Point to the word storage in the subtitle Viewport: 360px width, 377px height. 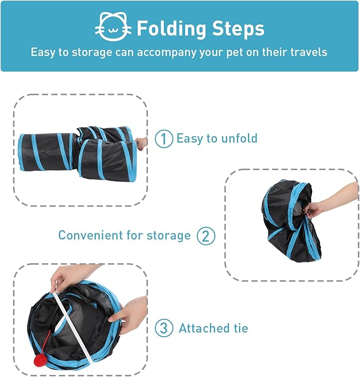pos(89,52)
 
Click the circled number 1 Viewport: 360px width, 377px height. pos(164,139)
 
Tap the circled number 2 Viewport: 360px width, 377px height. pos(206,236)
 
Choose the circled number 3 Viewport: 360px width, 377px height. pos(164,328)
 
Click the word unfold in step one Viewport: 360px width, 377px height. pos(239,138)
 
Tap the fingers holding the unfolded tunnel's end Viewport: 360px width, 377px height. pos(142,143)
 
